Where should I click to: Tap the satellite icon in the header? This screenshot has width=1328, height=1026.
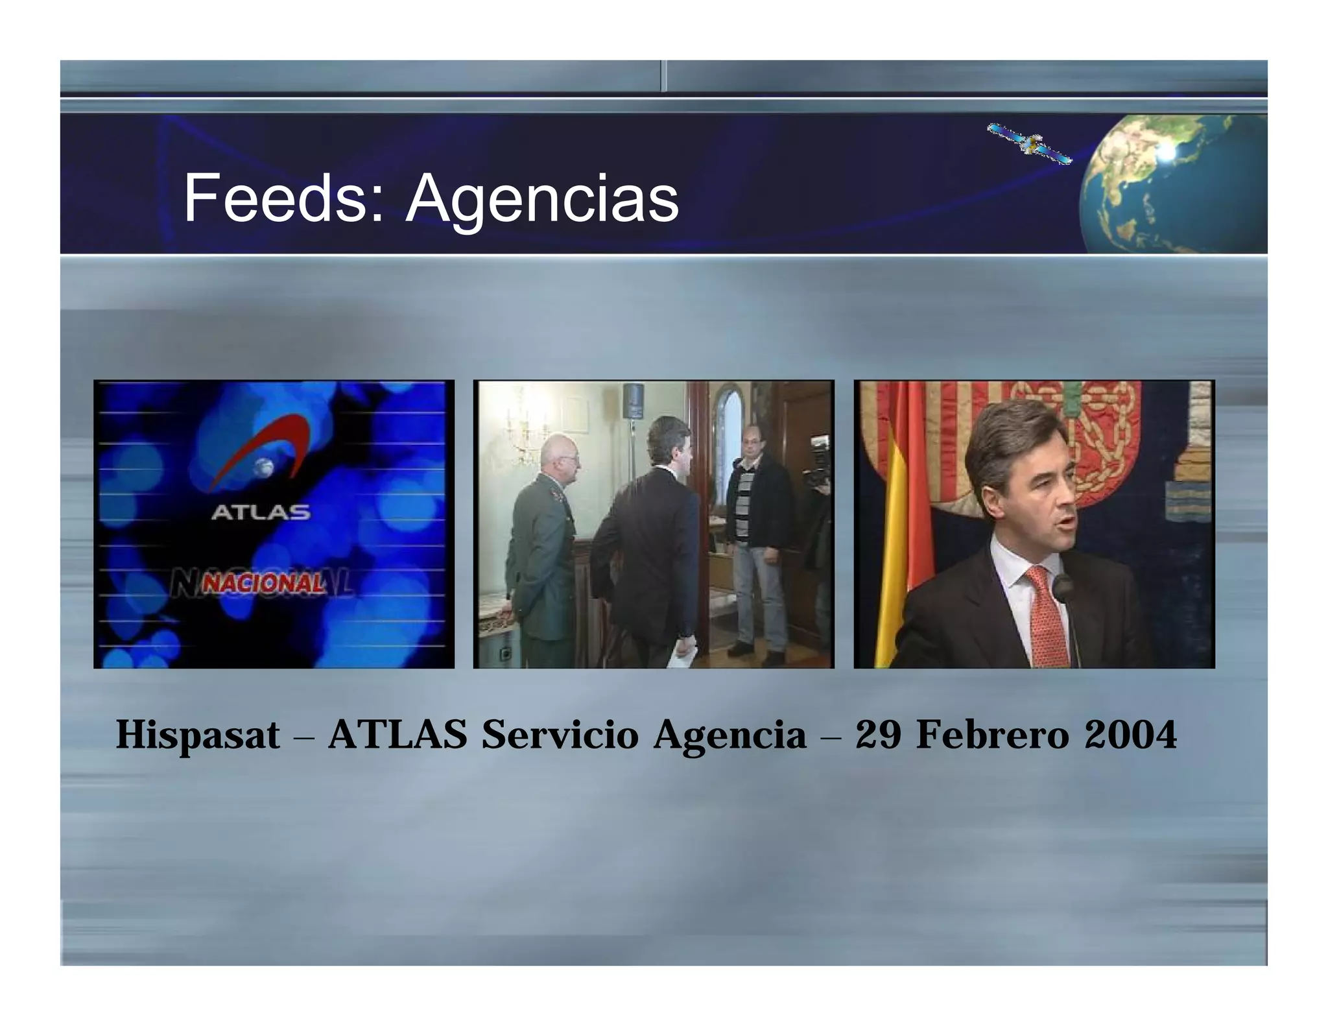pyautogui.click(x=1028, y=143)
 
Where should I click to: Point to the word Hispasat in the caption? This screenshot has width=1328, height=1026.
pyautogui.click(x=198, y=735)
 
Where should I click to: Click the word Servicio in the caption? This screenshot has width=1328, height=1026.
pyautogui.click(x=560, y=735)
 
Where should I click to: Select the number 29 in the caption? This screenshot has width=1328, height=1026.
pyautogui.click(x=879, y=735)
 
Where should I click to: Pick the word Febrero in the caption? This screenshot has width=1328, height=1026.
pyautogui.click(x=992, y=735)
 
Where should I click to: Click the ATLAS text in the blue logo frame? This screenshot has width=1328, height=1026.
pyautogui.click(x=261, y=513)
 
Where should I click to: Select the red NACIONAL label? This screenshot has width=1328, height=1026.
pyautogui.click(x=263, y=584)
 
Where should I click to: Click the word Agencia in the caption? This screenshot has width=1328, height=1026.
pyautogui.click(x=729, y=735)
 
